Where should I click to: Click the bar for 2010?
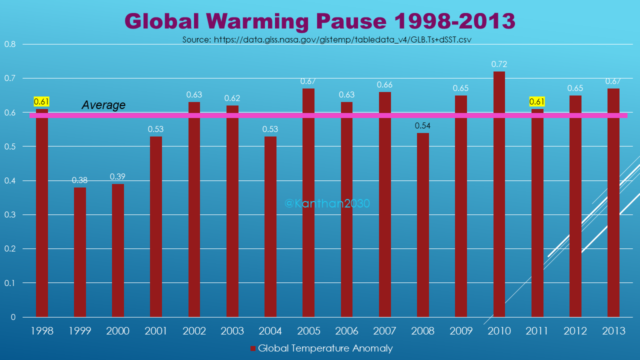[499, 195]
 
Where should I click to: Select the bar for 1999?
[80, 252]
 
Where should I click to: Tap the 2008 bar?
[423, 225]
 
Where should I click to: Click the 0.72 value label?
[499, 64]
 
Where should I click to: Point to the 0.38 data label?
[80, 180]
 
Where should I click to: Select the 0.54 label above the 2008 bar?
[423, 125]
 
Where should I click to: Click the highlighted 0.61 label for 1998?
[42, 102]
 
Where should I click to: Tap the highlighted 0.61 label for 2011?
[537, 102]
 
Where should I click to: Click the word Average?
[103, 105]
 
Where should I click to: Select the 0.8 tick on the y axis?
[10, 44]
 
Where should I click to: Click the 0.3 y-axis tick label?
[10, 214]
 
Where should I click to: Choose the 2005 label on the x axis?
[308, 331]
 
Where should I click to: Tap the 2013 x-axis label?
[613, 331]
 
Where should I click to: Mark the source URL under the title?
[327, 39]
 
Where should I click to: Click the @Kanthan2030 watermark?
[327, 203]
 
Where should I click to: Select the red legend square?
[252, 348]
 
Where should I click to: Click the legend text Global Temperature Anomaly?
[325, 348]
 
